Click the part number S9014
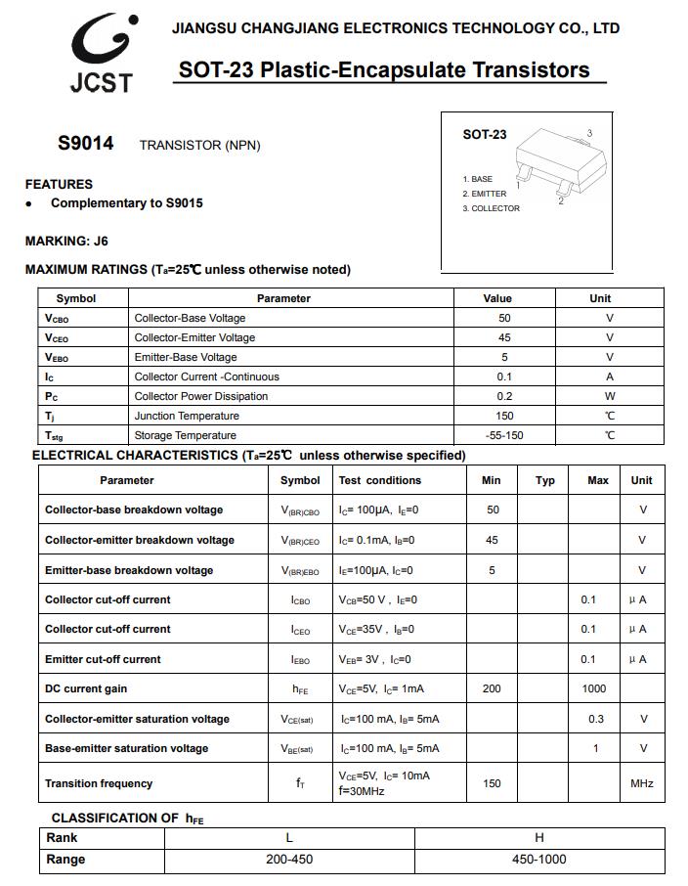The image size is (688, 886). [86, 144]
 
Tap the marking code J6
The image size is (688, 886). [101, 241]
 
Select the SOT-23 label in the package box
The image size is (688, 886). [485, 135]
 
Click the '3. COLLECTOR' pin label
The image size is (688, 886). [492, 208]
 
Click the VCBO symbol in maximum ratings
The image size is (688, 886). [57, 319]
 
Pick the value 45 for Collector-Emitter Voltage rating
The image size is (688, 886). [504, 337]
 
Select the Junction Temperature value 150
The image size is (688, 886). [504, 416]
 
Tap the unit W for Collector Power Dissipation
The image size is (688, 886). [610, 396]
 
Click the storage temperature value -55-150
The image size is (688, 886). [504, 435]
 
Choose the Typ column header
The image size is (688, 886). [545, 480]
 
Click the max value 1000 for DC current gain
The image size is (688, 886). [594, 688]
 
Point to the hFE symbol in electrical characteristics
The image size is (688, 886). [300, 689]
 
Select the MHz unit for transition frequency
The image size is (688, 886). [642, 783]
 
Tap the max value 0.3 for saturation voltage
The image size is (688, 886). [596, 719]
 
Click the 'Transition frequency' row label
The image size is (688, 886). [99, 783]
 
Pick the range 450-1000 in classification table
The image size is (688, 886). [539, 860]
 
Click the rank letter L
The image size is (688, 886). [289, 838]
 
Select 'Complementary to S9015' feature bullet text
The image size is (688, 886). [127, 203]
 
